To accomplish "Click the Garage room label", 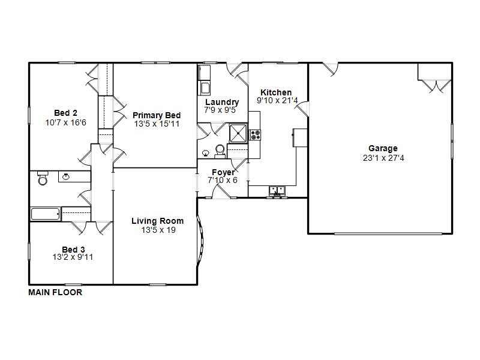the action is click(383, 148).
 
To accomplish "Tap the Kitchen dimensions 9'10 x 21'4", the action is click(277, 100).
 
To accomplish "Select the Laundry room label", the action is click(222, 102).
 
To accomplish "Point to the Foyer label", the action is click(223, 172).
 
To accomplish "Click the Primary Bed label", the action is click(157, 115).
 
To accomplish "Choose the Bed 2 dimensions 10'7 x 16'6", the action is click(66, 123).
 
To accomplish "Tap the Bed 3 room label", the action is click(73, 250).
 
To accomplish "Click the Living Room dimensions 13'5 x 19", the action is click(158, 230).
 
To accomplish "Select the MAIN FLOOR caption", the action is click(55, 293).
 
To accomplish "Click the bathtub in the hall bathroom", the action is click(46, 214).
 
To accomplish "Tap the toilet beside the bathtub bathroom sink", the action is click(43, 178).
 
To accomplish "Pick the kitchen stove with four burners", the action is click(254, 135).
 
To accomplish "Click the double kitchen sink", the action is click(277, 191).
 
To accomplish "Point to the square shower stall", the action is click(238, 133).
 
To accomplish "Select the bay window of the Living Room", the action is click(200, 241).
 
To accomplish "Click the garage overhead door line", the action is click(388, 234).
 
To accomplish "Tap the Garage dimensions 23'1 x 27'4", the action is click(383, 158).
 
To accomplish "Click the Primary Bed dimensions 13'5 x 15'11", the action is click(157, 124).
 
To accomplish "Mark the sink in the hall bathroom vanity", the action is click(66, 176).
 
